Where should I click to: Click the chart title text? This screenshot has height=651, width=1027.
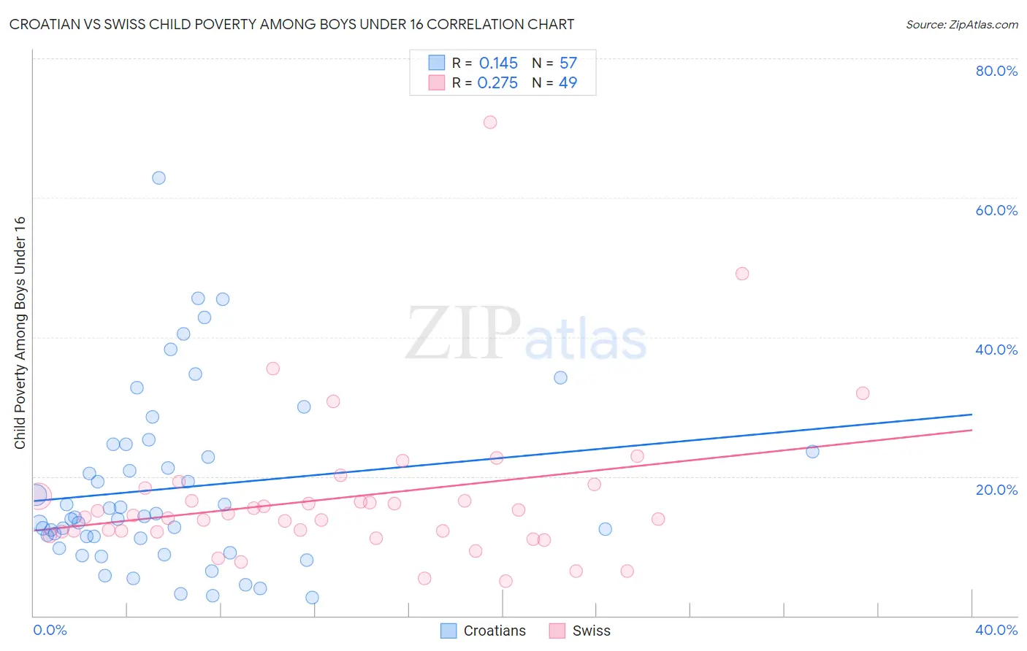click(x=291, y=24)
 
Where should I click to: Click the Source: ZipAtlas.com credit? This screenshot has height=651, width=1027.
click(x=961, y=24)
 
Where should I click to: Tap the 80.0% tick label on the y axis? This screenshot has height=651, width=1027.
click(x=996, y=71)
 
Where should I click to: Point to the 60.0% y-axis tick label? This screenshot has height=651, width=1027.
click(x=996, y=210)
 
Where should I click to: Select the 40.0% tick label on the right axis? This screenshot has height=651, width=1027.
click(x=996, y=350)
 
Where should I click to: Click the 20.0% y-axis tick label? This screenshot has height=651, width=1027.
click(x=996, y=489)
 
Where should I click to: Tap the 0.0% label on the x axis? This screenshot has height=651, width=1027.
click(x=50, y=630)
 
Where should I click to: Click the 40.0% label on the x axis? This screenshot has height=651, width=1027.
click(x=996, y=630)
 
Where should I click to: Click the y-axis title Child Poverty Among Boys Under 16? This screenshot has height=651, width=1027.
click(x=20, y=333)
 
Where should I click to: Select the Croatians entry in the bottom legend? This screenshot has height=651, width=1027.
click(x=494, y=631)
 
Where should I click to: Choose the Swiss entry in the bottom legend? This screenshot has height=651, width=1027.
click(x=590, y=631)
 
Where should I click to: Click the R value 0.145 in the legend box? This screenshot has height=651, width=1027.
click(x=498, y=63)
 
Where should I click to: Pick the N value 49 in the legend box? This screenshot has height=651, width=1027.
click(x=568, y=83)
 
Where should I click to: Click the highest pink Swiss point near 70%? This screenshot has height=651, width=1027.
click(x=490, y=122)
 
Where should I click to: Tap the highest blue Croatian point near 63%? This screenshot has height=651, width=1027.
click(x=159, y=178)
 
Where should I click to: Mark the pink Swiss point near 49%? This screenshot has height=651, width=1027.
click(x=742, y=274)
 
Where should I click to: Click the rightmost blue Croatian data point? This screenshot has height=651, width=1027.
click(x=812, y=452)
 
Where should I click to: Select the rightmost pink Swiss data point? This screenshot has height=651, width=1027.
click(x=863, y=393)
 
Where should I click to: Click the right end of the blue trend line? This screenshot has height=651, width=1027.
click(x=971, y=415)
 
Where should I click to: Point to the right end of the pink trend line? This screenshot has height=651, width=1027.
click(x=971, y=430)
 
